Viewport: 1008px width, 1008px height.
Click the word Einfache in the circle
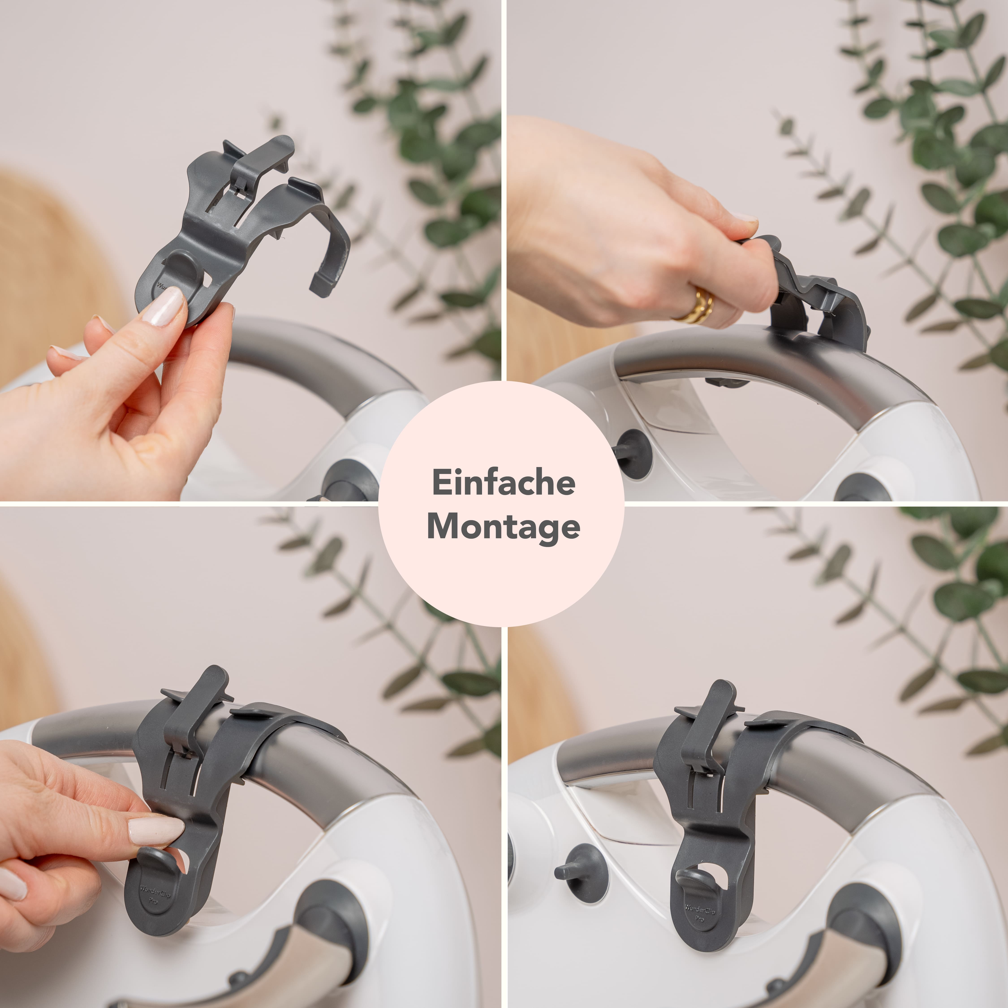[504, 483]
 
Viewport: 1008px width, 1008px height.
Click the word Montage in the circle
[504, 527]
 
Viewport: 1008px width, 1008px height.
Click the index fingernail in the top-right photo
[743, 218]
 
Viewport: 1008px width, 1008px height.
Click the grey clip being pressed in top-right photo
[814, 303]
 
